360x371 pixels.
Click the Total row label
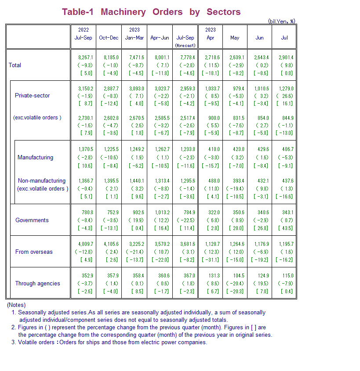15,65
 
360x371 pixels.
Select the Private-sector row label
32,95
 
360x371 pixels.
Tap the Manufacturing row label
35,157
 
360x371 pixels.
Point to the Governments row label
32,220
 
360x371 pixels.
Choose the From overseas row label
34,252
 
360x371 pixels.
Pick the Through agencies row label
37,283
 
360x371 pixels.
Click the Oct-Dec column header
109,38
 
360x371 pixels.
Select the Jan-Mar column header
134,38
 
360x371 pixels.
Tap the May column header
235,38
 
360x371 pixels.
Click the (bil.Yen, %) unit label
281,21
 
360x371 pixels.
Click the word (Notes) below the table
16,305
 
